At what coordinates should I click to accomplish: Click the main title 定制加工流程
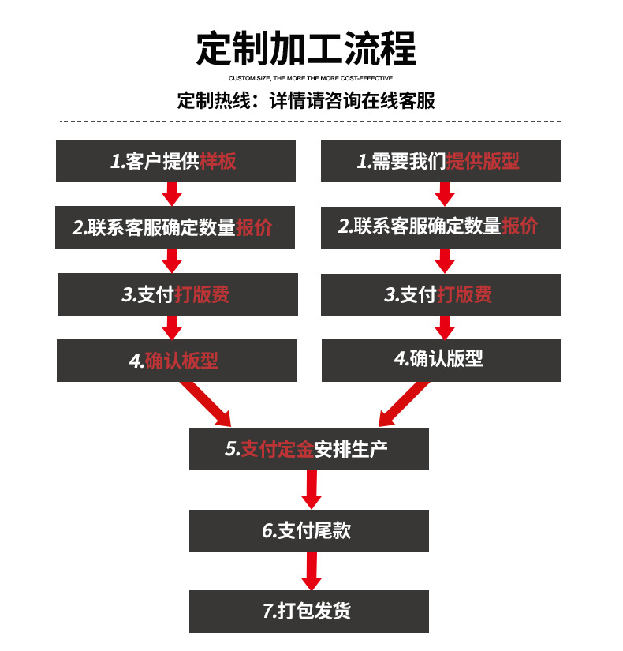[307, 49]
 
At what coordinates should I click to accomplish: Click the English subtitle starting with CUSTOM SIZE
[310, 79]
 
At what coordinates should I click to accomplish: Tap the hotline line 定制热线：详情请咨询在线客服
[306, 101]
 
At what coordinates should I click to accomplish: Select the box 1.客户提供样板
[175, 161]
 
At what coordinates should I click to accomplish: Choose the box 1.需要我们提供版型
[440, 161]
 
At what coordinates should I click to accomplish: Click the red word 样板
[218, 162]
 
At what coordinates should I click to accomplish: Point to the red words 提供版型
[483, 162]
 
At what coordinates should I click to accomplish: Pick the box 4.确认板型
[176, 361]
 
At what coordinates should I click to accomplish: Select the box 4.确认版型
[441, 360]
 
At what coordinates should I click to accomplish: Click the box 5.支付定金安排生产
[308, 449]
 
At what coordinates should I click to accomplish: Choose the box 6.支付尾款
[308, 531]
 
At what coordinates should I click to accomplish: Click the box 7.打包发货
[308, 611]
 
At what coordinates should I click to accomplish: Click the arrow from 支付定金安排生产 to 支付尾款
[311, 489]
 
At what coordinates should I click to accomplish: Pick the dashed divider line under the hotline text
[310, 121]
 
